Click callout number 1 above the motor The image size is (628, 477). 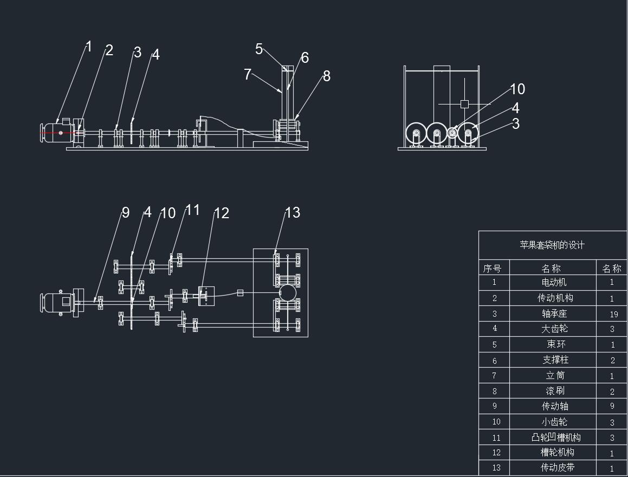(89, 47)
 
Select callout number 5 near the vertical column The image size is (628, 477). (258, 49)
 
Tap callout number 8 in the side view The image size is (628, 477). (326, 76)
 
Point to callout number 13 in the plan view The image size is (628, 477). (293, 212)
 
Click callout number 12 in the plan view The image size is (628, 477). (222, 213)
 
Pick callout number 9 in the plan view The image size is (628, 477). (126, 213)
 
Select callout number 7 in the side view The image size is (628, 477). (248, 74)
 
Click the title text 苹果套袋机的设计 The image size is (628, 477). (552, 245)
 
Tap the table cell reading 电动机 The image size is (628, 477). (554, 282)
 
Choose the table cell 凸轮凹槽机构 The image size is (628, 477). (556, 437)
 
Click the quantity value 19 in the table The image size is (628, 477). (613, 315)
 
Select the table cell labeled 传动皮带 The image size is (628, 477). (558, 467)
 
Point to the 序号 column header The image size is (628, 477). (492, 269)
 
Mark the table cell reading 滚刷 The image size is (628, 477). (555, 391)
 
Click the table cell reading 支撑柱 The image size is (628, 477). (555, 360)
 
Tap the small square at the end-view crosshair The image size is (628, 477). (464, 104)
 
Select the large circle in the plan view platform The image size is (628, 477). (287, 293)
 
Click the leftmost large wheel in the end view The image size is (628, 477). (416, 133)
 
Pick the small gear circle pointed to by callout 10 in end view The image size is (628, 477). (452, 133)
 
